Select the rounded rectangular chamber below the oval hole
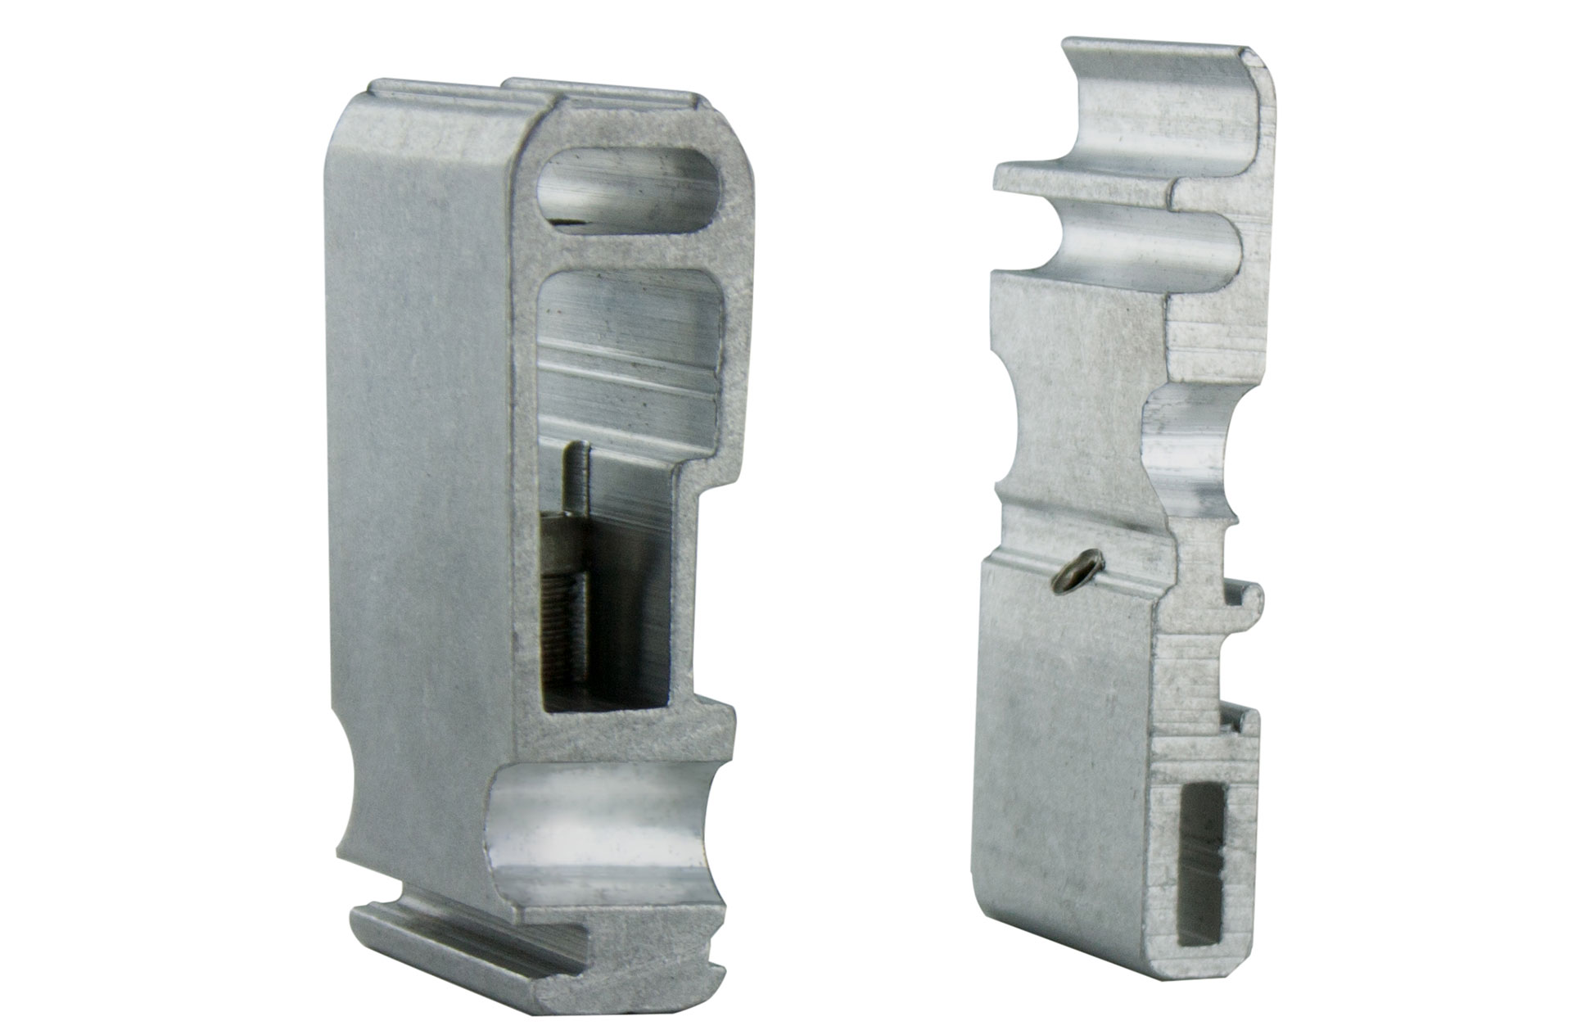pyautogui.click(x=630, y=344)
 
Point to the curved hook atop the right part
pyautogui.click(x=1163, y=106)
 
